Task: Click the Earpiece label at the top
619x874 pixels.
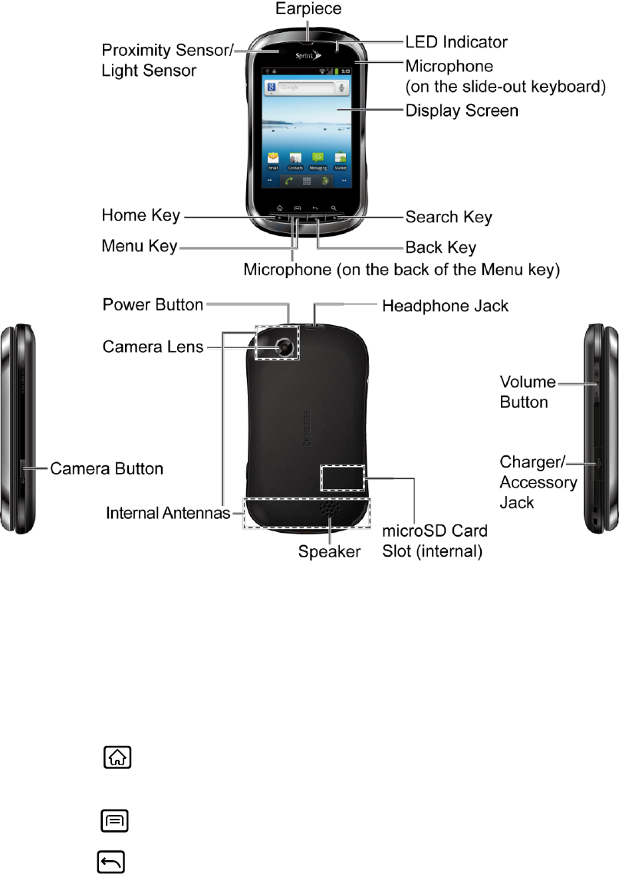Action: (x=309, y=9)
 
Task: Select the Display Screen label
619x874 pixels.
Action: (x=462, y=111)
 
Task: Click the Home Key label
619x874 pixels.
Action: (x=141, y=215)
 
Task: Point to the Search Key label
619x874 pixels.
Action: (x=448, y=217)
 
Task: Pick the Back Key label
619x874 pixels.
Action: (x=440, y=248)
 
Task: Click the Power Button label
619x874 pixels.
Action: (x=153, y=305)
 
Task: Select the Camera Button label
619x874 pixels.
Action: (x=107, y=468)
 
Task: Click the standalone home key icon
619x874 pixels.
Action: (x=114, y=758)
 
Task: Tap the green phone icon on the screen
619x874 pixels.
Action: (x=288, y=182)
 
